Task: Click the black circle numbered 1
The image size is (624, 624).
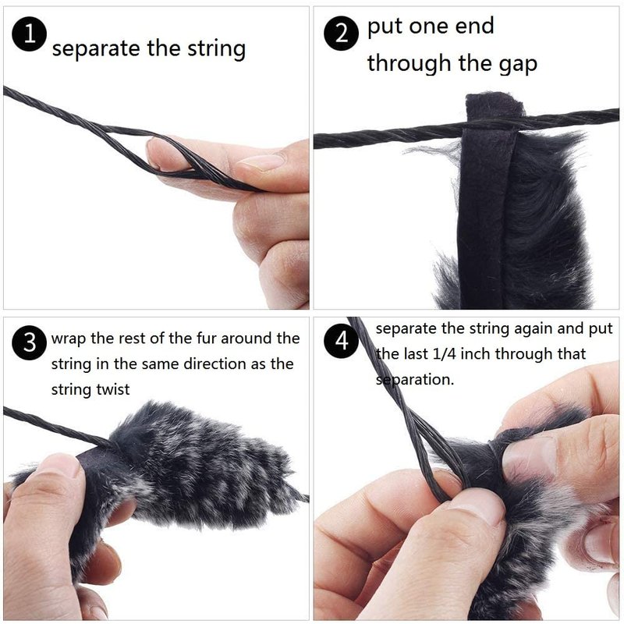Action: pos(29,34)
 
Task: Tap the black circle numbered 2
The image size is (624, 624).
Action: pos(342,33)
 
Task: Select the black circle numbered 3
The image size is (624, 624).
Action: pos(30,342)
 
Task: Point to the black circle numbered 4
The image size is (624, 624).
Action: pos(342,341)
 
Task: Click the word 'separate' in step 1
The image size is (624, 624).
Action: pos(96,49)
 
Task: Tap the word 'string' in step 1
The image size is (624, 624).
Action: pos(217,49)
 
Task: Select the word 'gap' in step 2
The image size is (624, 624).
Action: pos(518,65)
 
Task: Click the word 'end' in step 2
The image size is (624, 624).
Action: pos(475,27)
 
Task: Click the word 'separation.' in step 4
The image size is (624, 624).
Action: pos(415,380)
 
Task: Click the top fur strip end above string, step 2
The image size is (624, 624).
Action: pos(495,105)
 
